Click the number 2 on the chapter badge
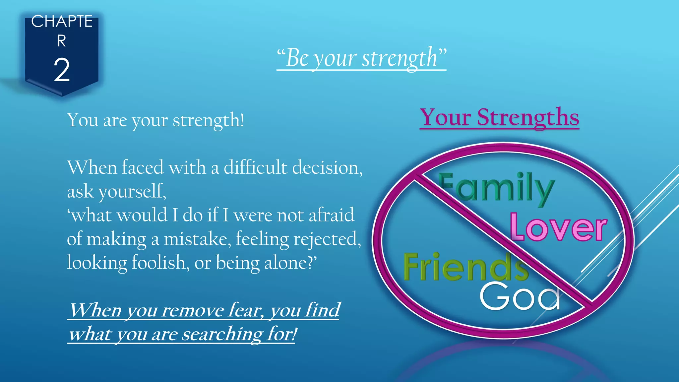(x=62, y=70)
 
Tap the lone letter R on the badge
(x=62, y=41)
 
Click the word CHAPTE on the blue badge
(x=62, y=22)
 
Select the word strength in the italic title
(x=400, y=58)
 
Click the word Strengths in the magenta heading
(x=528, y=117)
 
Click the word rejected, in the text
(x=327, y=239)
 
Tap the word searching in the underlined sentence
(x=222, y=334)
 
